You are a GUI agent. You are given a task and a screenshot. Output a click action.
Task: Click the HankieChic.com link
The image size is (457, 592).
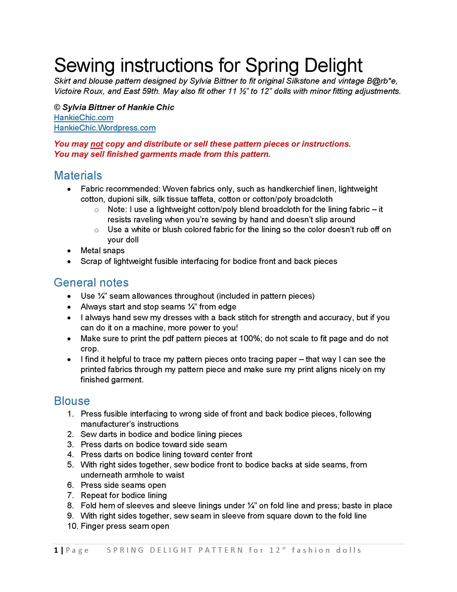click(x=83, y=118)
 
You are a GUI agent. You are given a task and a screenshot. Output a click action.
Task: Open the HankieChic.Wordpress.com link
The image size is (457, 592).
click(x=105, y=128)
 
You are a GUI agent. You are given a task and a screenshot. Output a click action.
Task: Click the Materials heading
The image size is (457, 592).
click(x=78, y=175)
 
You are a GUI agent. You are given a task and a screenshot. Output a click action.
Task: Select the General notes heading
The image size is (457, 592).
click(x=91, y=283)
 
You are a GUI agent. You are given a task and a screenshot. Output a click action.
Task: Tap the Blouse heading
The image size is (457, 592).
click(x=72, y=401)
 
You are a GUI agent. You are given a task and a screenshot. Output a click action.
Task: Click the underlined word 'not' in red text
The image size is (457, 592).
click(x=97, y=144)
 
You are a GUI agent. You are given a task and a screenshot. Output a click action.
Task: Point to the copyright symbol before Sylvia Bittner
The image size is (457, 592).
click(x=57, y=107)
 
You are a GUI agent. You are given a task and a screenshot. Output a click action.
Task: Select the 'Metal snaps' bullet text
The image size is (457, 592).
click(x=102, y=251)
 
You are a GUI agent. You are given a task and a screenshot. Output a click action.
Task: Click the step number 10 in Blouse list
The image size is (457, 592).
click(x=72, y=526)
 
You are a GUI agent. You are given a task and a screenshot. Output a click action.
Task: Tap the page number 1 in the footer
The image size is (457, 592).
click(x=56, y=550)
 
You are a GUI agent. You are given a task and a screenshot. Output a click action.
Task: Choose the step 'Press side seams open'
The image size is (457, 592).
click(x=123, y=485)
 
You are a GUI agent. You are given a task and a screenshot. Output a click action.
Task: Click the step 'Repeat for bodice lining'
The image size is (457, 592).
click(x=123, y=495)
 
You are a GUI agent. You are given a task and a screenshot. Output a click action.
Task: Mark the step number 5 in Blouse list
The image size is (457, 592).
click(x=70, y=465)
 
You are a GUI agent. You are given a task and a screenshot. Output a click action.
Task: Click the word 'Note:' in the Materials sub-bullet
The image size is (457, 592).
click(x=117, y=210)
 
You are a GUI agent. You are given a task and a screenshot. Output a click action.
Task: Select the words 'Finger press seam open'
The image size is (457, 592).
click(x=125, y=526)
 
